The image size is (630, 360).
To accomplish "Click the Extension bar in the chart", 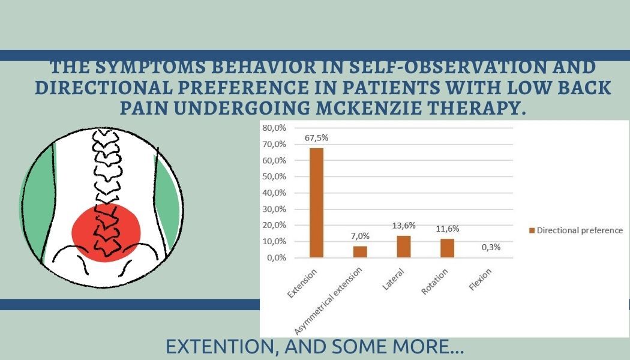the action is [x=316, y=203].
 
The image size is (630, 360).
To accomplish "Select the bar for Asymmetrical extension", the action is [x=360, y=252].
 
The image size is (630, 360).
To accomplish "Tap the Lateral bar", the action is [x=404, y=247].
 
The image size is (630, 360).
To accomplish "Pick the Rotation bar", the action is [x=447, y=248].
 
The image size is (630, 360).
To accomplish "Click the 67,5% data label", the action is [x=316, y=138].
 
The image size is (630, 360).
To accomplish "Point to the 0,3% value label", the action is [x=491, y=247].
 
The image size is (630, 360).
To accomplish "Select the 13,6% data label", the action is [x=404, y=226].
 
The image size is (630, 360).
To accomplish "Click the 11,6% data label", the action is [x=447, y=229].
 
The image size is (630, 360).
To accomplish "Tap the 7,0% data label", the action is [x=360, y=236].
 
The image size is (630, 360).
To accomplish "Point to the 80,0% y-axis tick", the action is [x=274, y=128].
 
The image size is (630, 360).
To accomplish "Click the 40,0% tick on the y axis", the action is [x=274, y=193].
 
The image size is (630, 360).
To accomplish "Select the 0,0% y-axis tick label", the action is [x=277, y=257].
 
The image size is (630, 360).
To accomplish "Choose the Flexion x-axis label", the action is [x=480, y=280].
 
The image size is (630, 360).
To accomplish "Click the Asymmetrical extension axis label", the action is [x=328, y=301].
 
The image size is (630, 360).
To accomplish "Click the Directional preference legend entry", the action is [x=576, y=230].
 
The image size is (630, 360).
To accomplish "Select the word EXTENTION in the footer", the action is [x=221, y=346].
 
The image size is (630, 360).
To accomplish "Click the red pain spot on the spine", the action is [x=106, y=233].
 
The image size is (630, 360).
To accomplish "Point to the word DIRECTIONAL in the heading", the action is [x=104, y=88].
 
